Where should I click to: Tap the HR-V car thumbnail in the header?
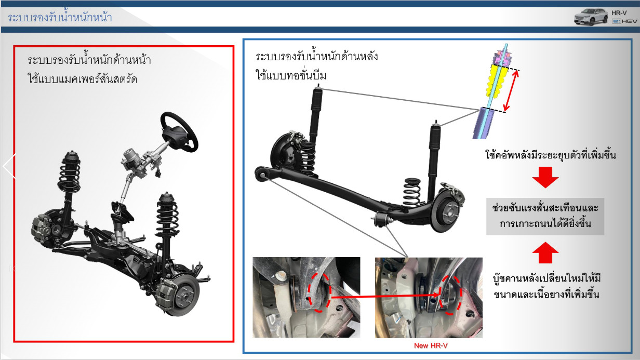tap(591, 17)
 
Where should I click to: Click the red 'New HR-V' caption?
tap(431, 345)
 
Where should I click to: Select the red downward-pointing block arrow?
tap(545, 177)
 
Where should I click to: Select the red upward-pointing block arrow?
tap(545, 252)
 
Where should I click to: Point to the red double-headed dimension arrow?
tap(511, 90)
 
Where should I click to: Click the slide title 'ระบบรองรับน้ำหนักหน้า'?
tap(60, 17)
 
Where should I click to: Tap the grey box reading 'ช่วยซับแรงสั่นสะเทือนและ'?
tap(545, 216)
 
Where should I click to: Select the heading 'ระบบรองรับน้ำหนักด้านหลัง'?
tap(316, 56)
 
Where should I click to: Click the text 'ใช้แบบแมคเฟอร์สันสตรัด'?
tap(82, 78)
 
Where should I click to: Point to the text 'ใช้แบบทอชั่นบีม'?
tap(291, 75)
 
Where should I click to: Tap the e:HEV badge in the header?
tap(624, 21)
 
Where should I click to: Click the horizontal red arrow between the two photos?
tap(385, 296)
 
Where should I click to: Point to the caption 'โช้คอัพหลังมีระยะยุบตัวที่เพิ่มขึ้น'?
tap(550, 155)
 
